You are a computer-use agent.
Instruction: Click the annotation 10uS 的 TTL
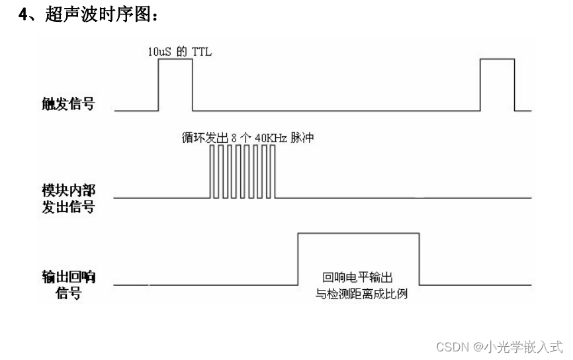(x=180, y=50)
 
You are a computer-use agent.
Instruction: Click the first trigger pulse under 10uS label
(x=175, y=83)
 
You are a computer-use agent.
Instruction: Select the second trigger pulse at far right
(x=496, y=83)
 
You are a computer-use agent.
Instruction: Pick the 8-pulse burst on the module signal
(x=242, y=172)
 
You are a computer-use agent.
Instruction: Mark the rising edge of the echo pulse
(x=298, y=259)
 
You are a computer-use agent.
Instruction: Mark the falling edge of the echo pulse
(x=419, y=259)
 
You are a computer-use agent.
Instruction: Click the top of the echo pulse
(x=359, y=233)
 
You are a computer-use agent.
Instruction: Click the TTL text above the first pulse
(x=202, y=50)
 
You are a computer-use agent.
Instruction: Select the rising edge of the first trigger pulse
(x=158, y=84)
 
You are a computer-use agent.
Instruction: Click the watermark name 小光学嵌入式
(x=523, y=346)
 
